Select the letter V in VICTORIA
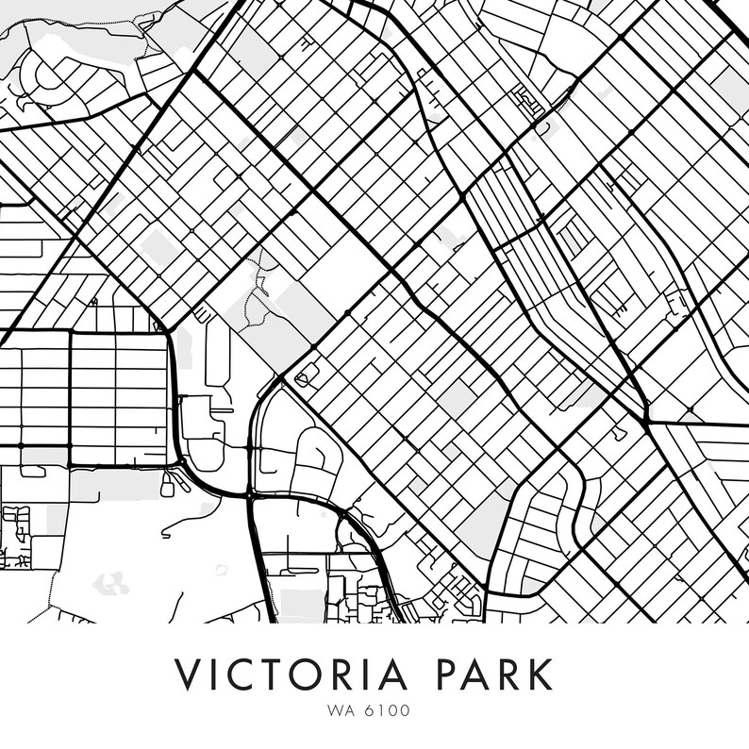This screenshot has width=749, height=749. (x=189, y=675)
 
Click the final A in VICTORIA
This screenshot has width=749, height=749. (x=416, y=675)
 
